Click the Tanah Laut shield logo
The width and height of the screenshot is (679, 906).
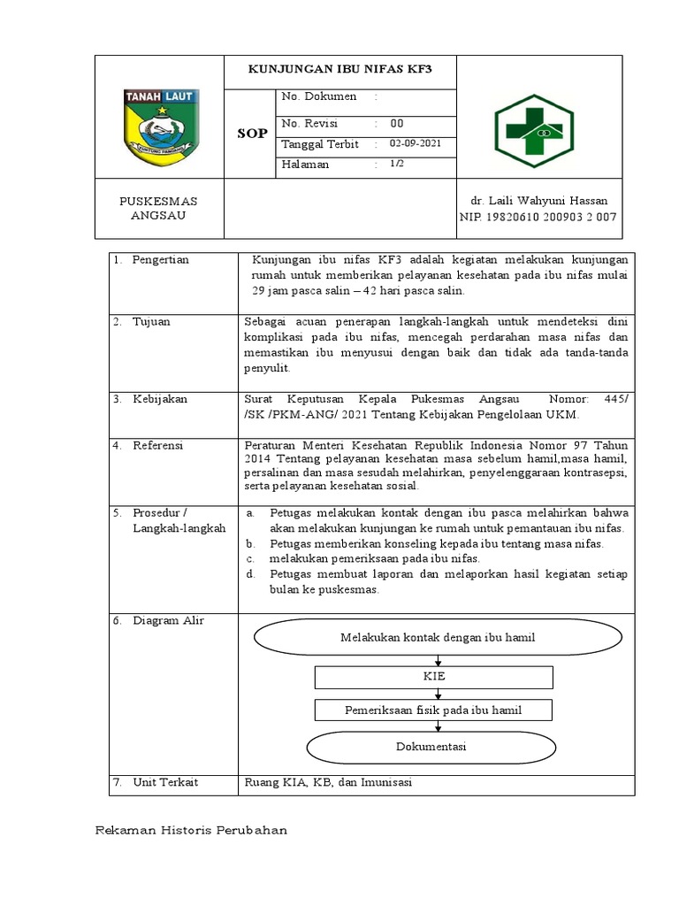(x=160, y=127)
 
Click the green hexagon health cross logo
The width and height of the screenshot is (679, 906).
(x=533, y=131)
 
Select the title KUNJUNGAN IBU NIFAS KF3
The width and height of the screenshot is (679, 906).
(x=339, y=71)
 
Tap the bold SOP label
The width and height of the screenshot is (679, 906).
(x=251, y=134)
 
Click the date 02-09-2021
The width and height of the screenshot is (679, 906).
(x=410, y=143)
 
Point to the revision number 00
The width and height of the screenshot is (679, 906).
(x=397, y=123)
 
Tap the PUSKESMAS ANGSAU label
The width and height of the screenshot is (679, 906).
(x=159, y=209)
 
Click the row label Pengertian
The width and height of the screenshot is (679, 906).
(x=161, y=260)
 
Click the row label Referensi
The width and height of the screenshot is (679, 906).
(x=157, y=446)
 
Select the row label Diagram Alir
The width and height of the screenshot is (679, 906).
(x=168, y=621)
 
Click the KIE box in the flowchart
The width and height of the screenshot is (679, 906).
(x=434, y=677)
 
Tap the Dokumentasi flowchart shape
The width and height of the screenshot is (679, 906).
(x=431, y=747)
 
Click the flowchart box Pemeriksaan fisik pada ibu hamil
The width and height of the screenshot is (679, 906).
(x=433, y=710)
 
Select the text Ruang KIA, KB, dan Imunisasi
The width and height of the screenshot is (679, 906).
(x=328, y=783)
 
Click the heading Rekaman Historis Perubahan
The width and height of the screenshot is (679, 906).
(x=191, y=831)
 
